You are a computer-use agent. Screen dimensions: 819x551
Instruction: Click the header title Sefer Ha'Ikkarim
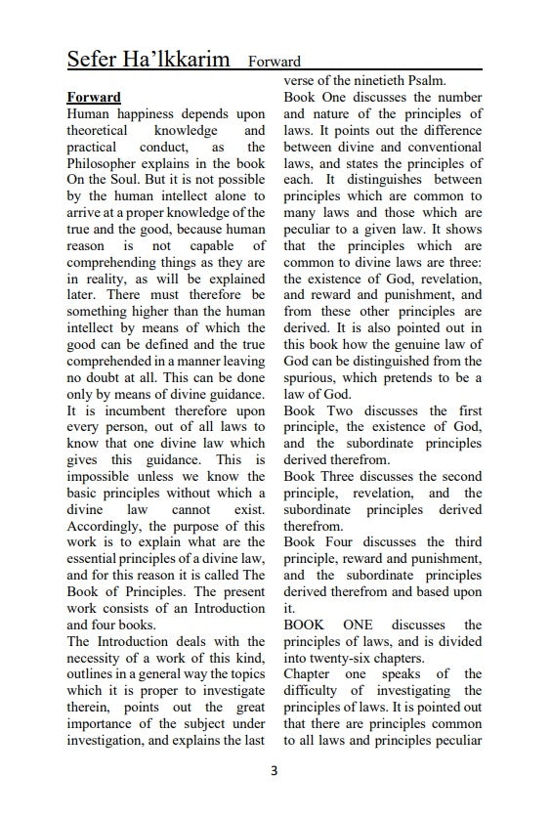(x=148, y=59)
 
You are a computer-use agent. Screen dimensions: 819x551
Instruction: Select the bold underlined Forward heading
(x=94, y=98)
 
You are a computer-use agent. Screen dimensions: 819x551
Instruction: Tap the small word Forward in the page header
(x=275, y=62)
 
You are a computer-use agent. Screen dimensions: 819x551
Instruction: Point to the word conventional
(x=437, y=147)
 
